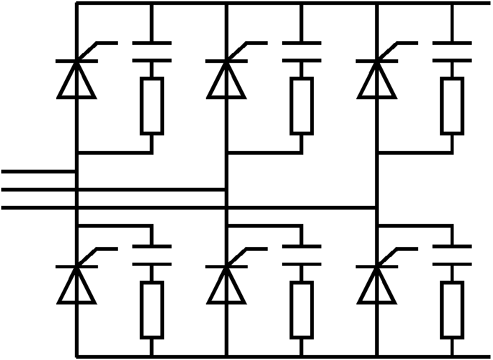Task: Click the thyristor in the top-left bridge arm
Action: click(x=76, y=79)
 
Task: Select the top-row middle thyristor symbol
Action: click(x=226, y=79)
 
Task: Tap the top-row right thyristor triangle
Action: click(x=377, y=79)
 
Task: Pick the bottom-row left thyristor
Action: click(x=76, y=285)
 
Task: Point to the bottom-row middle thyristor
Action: click(x=226, y=285)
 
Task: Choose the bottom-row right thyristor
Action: click(x=377, y=285)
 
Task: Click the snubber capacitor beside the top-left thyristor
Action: click(x=152, y=52)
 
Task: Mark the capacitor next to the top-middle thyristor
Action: click(x=301, y=52)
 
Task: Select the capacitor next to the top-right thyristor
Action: click(x=452, y=52)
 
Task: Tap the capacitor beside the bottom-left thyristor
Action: click(x=152, y=256)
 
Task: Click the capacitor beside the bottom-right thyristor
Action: click(x=452, y=256)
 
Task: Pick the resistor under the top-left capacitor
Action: click(x=152, y=106)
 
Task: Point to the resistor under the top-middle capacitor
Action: click(x=301, y=106)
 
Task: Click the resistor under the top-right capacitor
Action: click(x=452, y=106)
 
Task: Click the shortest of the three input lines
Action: click(x=37, y=170)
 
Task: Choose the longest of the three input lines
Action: click(x=187, y=207)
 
